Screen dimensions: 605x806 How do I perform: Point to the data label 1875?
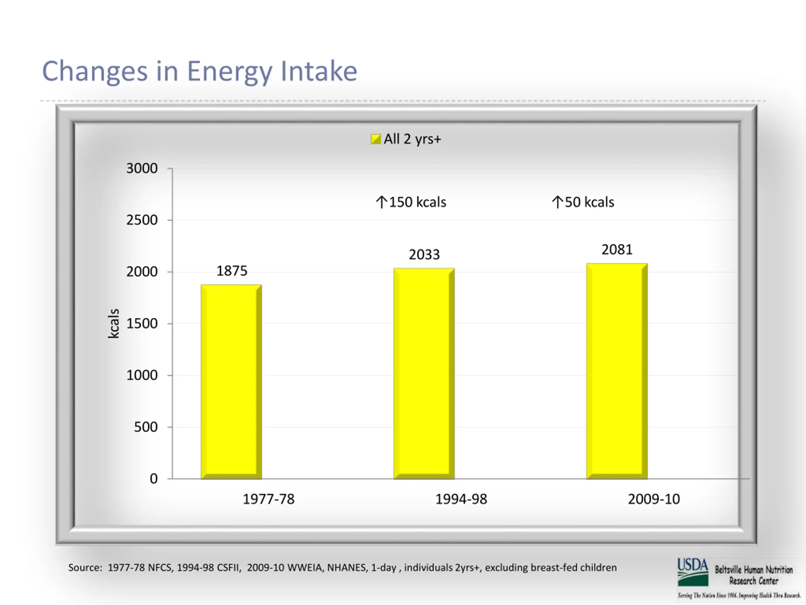[x=232, y=271]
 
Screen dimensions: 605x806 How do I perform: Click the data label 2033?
[x=424, y=255]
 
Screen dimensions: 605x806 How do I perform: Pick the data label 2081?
[x=617, y=250]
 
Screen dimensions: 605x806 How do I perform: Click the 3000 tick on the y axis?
[x=142, y=169]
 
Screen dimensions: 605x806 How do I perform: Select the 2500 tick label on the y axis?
[x=142, y=220]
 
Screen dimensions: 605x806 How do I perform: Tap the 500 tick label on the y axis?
[x=146, y=427]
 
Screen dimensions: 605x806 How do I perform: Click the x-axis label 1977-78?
[x=269, y=499]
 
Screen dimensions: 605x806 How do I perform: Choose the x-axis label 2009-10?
[x=654, y=499]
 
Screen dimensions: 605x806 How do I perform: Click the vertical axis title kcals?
[x=114, y=324]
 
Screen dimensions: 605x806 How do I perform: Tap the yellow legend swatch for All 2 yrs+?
[x=376, y=139]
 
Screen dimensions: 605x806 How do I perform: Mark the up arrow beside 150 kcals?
[x=382, y=202]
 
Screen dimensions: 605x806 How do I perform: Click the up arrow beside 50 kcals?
[x=557, y=202]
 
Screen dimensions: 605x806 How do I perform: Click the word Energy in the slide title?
[x=230, y=72]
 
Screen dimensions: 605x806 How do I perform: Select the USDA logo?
[x=693, y=572]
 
